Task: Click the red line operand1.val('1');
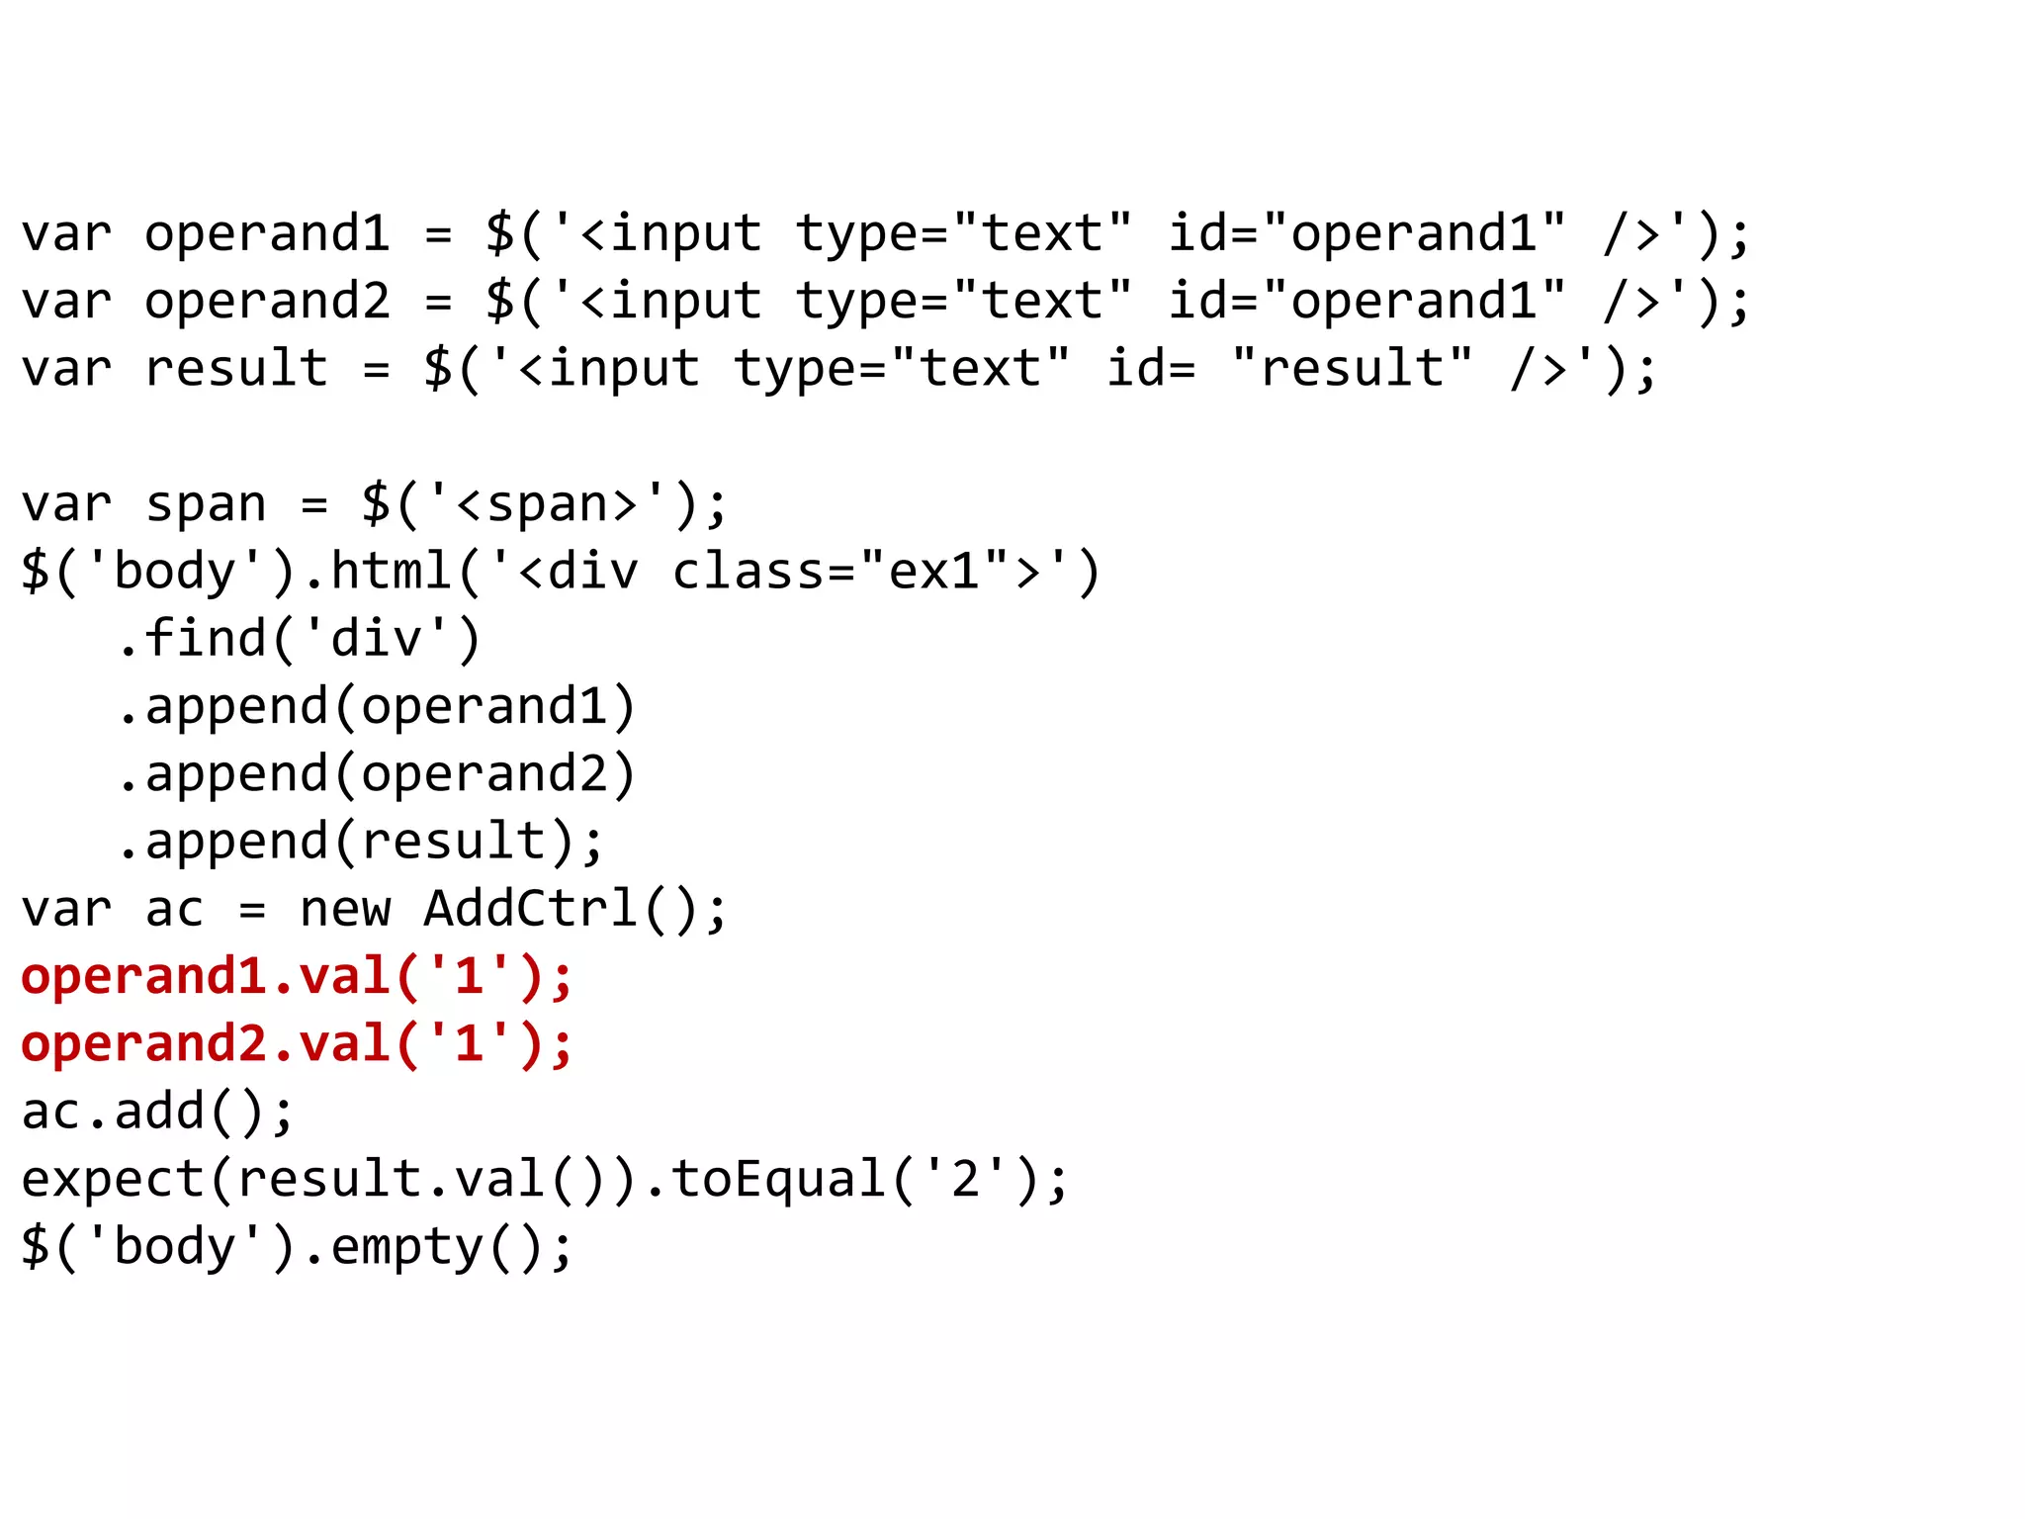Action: tap(297, 976)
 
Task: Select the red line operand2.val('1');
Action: tap(297, 1043)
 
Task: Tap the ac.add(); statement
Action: tap(158, 1111)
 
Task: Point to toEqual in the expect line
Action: tap(778, 1179)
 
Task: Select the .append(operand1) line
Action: tap(376, 706)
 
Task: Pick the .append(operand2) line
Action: tap(376, 773)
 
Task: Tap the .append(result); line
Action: tap(360, 841)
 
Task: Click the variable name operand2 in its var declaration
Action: tap(267, 301)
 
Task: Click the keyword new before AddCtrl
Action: tap(345, 908)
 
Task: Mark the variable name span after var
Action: tap(206, 503)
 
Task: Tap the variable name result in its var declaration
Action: tap(236, 368)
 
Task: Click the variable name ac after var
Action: tap(174, 908)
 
